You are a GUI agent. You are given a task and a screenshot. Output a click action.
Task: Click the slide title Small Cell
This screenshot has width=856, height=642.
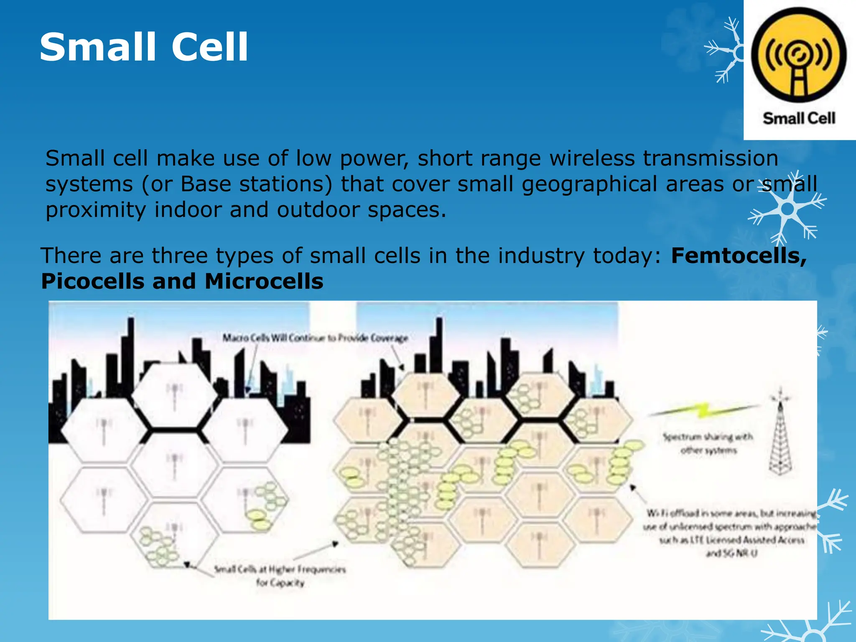click(x=144, y=47)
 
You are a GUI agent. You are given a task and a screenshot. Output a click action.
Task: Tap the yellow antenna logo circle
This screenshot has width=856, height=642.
click(x=799, y=55)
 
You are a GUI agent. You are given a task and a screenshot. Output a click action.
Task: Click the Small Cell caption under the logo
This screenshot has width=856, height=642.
click(x=799, y=118)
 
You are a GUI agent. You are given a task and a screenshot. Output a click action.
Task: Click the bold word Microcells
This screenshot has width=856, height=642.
click(x=264, y=281)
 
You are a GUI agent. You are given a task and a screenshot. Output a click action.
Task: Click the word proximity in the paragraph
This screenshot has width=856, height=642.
click(x=96, y=210)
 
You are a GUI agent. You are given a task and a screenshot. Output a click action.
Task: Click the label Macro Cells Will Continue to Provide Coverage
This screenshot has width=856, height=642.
click(x=315, y=338)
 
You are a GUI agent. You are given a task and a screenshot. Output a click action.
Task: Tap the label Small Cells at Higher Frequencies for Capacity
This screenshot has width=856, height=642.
click(x=280, y=576)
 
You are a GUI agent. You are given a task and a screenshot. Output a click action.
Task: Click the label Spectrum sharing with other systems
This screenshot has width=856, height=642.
click(x=708, y=443)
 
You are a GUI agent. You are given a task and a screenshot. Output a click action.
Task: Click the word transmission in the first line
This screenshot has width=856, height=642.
click(x=710, y=158)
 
